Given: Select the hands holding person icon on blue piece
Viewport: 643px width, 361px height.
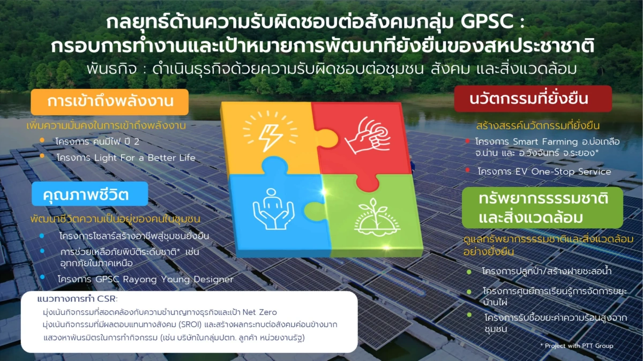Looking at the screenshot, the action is point(273,209).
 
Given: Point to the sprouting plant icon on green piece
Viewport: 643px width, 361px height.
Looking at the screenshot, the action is point(377,216).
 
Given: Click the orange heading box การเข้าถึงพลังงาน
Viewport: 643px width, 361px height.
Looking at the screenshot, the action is point(110,102).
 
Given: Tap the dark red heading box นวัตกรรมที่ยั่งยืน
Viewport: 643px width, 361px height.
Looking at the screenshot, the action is point(533,99).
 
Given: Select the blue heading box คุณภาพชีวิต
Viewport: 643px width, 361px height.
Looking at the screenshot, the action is point(90,194).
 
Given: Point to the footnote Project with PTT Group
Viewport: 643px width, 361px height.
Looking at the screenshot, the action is point(577,346).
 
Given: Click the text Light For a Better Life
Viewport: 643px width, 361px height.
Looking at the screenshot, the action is point(145,157).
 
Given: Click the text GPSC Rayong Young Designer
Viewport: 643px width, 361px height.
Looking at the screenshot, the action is point(164,279).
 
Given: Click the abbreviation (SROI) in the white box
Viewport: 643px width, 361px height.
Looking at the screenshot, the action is point(190,325).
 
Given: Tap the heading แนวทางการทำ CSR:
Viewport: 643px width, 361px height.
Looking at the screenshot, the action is point(78,299).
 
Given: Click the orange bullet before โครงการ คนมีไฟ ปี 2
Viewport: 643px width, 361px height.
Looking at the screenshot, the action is point(42,140).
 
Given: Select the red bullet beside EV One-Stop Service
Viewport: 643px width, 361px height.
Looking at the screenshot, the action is point(468,170).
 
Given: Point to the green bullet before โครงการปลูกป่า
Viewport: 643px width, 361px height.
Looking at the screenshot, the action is point(469,272).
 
